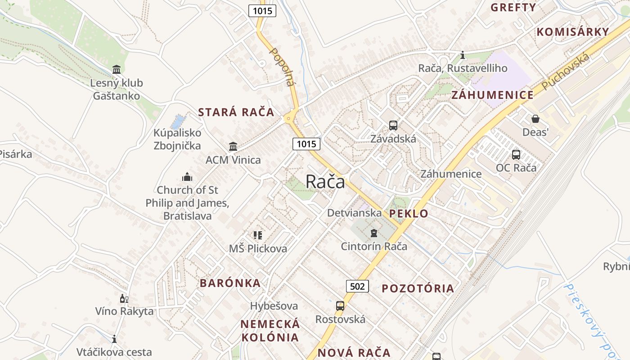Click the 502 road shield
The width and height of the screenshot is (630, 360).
357,286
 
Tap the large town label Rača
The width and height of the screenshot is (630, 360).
325,182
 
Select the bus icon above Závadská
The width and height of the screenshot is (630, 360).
393,126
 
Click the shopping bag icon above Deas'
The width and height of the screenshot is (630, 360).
535,119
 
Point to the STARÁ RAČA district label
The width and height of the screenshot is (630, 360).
236,112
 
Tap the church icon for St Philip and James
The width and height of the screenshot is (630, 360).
187,177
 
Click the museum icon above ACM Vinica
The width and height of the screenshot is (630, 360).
233,146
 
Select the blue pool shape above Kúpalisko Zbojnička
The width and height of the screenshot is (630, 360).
178,121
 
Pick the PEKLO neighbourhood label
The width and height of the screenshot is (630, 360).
409,214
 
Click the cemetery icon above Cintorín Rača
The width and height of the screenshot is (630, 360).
373,233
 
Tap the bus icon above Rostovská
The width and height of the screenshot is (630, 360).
340,306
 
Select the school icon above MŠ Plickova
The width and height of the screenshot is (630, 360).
257,235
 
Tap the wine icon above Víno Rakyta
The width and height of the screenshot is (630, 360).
124,298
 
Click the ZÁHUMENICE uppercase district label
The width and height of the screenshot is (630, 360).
492,95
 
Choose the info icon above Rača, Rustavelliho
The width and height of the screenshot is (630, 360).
463,55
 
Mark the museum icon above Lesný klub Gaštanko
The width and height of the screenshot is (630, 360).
117,70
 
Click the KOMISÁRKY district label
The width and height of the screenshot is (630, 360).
573,32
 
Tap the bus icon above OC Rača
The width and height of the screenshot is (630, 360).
516,155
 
